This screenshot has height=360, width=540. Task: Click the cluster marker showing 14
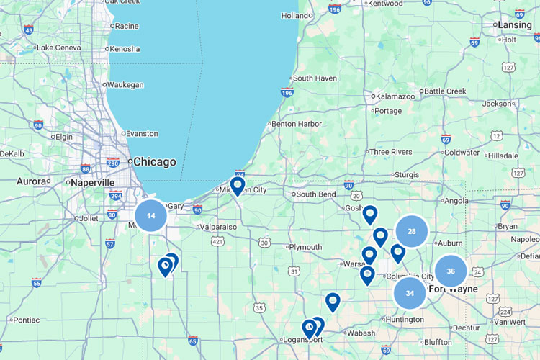pyautogui.click(x=150, y=215)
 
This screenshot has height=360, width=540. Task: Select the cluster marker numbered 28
pyautogui.click(x=411, y=231)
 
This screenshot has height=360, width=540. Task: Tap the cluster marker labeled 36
pyautogui.click(x=451, y=271)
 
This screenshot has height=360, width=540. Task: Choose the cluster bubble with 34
pyautogui.click(x=410, y=293)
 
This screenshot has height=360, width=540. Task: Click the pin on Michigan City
pyautogui.click(x=237, y=186)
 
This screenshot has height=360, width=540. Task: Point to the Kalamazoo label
pyautogui.click(x=395, y=96)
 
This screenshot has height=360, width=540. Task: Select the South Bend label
pyautogui.click(x=316, y=194)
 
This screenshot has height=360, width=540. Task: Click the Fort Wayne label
pyautogui.click(x=452, y=289)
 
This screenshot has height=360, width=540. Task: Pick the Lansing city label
pyautogui.click(x=514, y=25)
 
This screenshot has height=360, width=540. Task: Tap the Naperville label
pyautogui.click(x=93, y=183)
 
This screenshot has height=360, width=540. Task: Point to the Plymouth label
pyautogui.click(x=306, y=247)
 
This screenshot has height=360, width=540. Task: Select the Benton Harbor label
pyautogui.click(x=297, y=124)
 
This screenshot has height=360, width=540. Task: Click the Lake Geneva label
pyautogui.click(x=58, y=48)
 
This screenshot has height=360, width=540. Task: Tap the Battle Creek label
pyautogui.click(x=445, y=91)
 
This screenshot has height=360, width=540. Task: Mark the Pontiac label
pyautogui.click(x=27, y=320)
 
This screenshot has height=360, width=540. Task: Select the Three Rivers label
pyautogui.click(x=390, y=152)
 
